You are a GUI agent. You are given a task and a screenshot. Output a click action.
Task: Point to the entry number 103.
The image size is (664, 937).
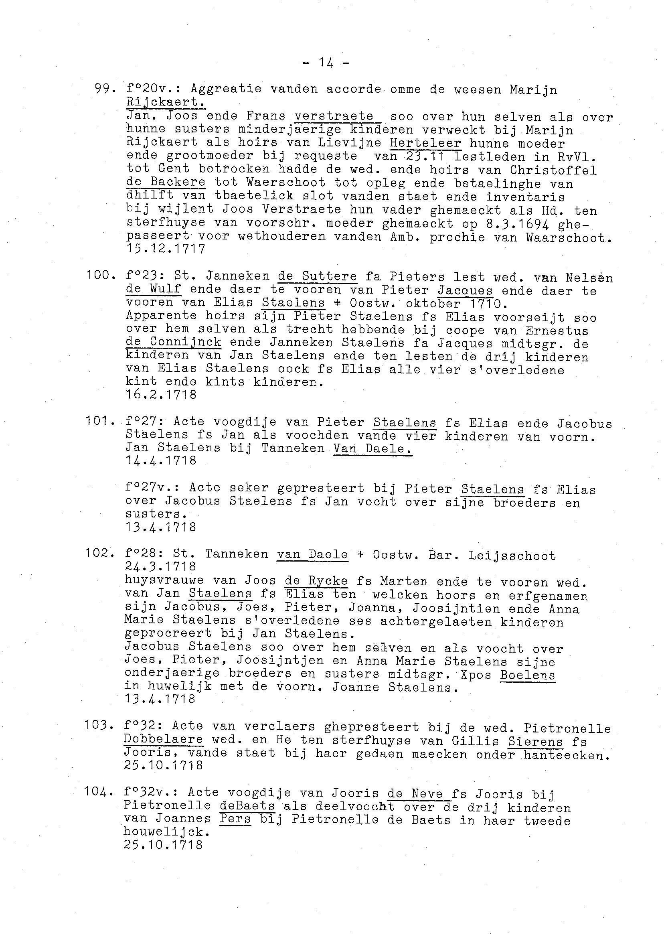[x=99, y=725]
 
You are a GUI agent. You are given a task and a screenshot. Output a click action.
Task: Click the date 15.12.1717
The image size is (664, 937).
[x=166, y=249]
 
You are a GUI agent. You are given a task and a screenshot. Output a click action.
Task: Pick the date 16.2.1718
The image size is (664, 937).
[x=161, y=394]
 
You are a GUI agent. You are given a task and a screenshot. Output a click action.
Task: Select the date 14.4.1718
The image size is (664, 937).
[x=161, y=460]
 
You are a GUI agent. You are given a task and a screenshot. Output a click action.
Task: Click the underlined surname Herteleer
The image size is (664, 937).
[x=425, y=143]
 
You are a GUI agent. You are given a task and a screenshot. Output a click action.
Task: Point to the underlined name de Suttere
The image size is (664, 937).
[x=317, y=276]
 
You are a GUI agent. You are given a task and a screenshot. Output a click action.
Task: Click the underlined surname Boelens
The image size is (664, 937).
[x=527, y=675]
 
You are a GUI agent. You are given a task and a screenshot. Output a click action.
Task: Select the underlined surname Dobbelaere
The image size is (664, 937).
[x=164, y=739]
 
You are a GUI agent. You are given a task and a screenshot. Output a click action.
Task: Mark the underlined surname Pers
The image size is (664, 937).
[x=235, y=819]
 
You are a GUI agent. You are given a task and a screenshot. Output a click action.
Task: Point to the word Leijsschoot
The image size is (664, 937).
[x=512, y=556]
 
